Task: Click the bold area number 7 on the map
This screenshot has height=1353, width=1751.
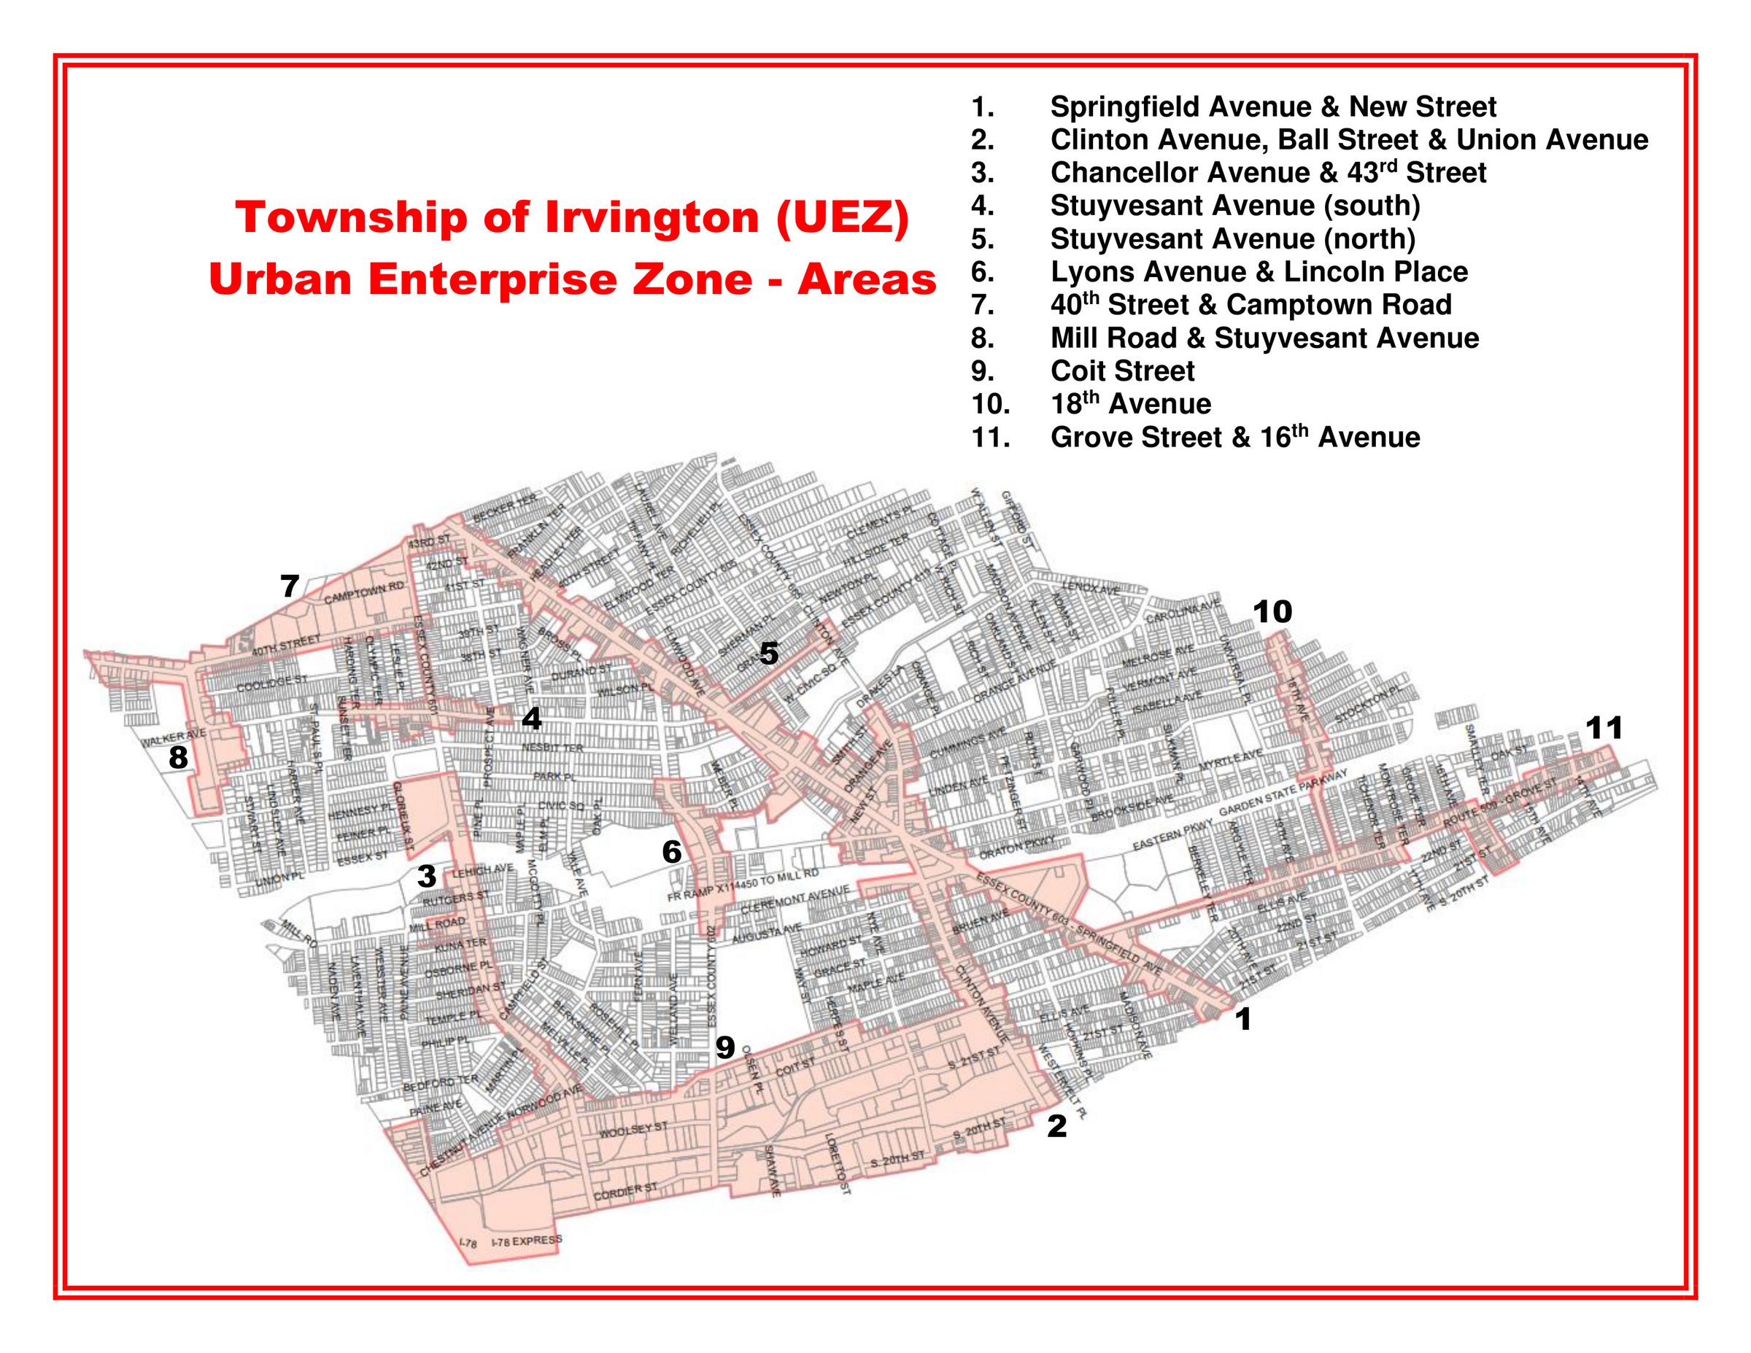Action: click(290, 586)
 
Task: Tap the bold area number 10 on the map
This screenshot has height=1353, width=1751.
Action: click(1273, 613)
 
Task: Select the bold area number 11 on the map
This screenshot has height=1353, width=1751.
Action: click(1604, 728)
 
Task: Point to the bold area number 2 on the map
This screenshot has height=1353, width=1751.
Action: click(1056, 1126)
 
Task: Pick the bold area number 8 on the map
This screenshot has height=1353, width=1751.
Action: click(178, 757)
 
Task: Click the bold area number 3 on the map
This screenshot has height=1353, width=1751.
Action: click(427, 876)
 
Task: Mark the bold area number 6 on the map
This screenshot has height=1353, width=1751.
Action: click(672, 852)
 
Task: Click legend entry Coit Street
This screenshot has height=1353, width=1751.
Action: click(1121, 371)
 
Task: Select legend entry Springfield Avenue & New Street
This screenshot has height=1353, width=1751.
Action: click(1272, 106)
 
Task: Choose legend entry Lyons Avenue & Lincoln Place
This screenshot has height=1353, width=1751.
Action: click(1259, 272)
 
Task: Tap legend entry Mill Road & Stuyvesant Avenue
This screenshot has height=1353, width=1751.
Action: click(1264, 338)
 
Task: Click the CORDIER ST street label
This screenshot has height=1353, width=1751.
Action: click(625, 1192)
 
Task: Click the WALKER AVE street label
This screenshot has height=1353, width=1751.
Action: click(174, 737)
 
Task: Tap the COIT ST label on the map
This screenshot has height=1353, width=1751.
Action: click(795, 1067)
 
